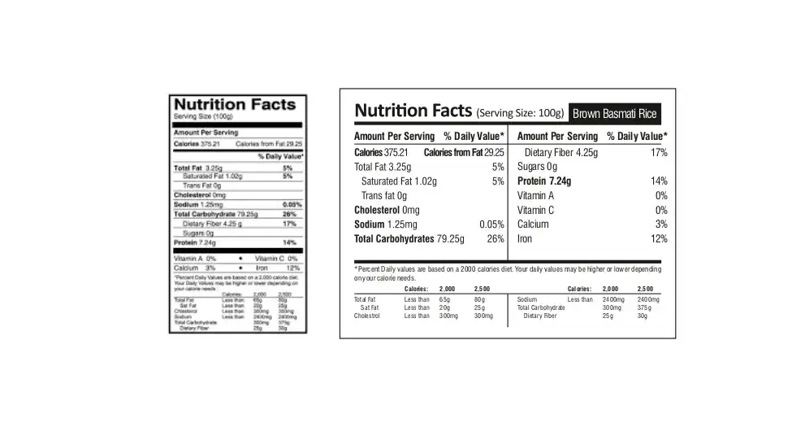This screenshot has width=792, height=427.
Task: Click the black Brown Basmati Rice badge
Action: pyautogui.click(x=614, y=113)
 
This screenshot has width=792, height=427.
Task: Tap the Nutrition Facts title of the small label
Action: pyautogui.click(x=234, y=105)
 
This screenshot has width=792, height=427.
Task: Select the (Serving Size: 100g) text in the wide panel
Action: pyautogui.click(x=520, y=113)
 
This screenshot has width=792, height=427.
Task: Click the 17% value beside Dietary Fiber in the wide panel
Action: pyautogui.click(x=658, y=153)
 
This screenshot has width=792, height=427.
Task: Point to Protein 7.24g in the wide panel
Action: pyautogui.click(x=543, y=181)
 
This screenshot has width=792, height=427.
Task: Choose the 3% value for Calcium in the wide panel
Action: pyautogui.click(x=661, y=224)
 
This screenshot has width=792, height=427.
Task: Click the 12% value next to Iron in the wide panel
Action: pyautogui.click(x=658, y=239)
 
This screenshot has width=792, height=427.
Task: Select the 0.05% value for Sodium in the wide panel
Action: pyautogui.click(x=491, y=224)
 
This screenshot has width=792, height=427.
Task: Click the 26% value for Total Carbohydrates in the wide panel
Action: pyautogui.click(x=496, y=239)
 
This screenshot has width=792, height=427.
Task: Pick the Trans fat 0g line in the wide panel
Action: pyautogui.click(x=384, y=196)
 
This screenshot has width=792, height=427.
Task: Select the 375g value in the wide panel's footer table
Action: pyautogui.click(x=644, y=308)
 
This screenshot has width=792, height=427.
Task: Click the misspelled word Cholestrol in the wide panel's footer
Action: pyautogui.click(x=367, y=316)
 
